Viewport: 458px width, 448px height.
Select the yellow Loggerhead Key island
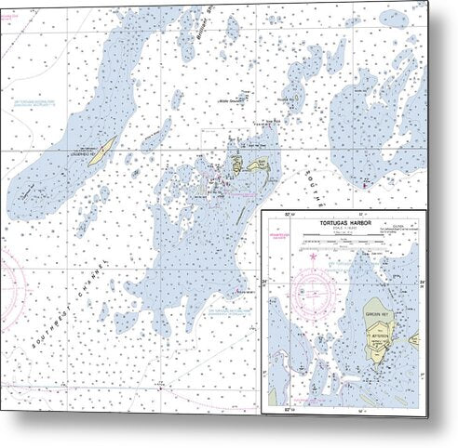(x=104, y=147)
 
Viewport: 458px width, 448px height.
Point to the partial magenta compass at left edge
(x=9, y=279)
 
